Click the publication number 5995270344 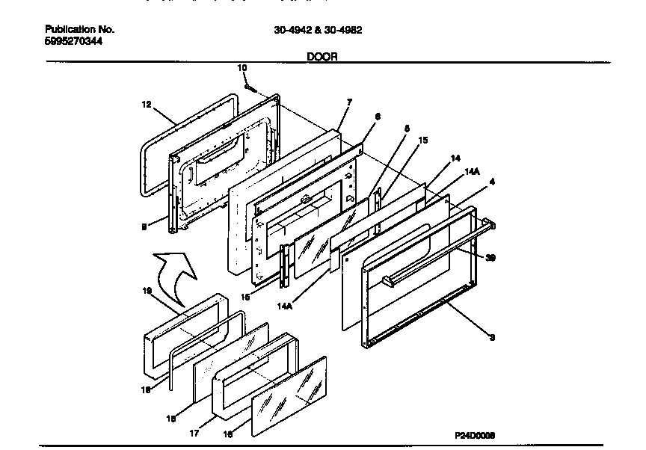(74, 41)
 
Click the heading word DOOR (322, 56)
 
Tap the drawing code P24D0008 (475, 434)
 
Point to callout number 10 (242, 68)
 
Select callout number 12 (147, 105)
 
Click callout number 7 (349, 102)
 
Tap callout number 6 (378, 117)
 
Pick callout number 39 (490, 259)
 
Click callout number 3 (491, 337)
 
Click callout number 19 (147, 291)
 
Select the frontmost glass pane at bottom (288, 397)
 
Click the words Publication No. (79, 29)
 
